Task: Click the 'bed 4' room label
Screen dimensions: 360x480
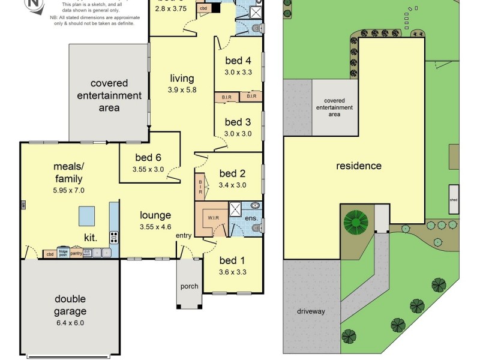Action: coord(238,60)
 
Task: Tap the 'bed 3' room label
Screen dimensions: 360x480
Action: coord(238,122)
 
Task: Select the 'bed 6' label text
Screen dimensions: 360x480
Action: coord(148,158)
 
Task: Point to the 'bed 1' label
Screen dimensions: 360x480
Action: coord(232,260)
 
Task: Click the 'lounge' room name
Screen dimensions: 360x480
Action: coord(155,215)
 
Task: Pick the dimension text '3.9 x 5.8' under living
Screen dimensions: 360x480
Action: coord(182,90)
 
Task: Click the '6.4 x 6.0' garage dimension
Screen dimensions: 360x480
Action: coord(70,323)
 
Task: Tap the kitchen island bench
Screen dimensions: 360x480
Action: coord(86,214)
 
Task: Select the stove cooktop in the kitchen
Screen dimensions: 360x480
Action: coord(113,235)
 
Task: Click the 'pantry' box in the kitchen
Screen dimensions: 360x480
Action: coord(76,253)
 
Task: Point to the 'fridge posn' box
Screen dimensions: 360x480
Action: coord(62,253)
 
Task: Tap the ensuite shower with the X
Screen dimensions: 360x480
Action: coord(236,209)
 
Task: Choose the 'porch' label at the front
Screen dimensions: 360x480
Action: coord(189,286)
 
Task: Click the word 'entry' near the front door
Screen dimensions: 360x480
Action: coord(183,235)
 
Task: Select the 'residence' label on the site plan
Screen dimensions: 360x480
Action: coord(358,166)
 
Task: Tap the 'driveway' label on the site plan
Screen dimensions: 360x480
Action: coord(310,311)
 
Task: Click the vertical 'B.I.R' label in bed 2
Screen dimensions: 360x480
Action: coord(200,187)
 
